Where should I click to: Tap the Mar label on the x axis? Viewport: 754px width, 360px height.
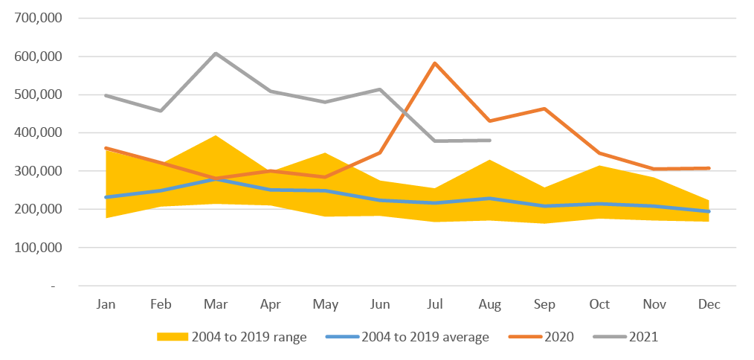pyautogui.click(x=216, y=305)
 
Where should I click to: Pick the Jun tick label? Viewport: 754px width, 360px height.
pyautogui.click(x=380, y=305)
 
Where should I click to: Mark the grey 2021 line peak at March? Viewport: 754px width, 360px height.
pyautogui.click(x=216, y=54)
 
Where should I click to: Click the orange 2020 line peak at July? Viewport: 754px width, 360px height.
pyautogui.click(x=435, y=63)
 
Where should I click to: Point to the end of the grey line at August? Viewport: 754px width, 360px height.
pyautogui.click(x=489, y=140)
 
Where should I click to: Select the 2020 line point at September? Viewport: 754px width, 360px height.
pyautogui.click(x=544, y=109)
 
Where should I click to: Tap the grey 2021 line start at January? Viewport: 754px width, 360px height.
pyautogui.click(x=106, y=95)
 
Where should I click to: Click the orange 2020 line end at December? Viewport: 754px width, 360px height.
pyautogui.click(x=709, y=168)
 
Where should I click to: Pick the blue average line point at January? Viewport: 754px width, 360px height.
pyautogui.click(x=106, y=197)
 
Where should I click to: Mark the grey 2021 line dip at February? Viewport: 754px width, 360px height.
pyautogui.click(x=161, y=111)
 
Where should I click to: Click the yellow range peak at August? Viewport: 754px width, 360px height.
pyautogui.click(x=489, y=160)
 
